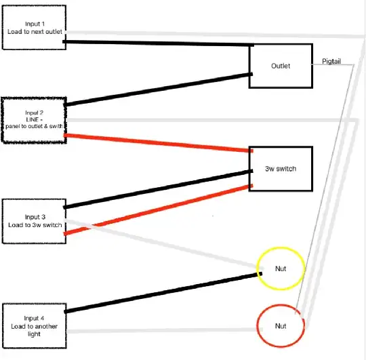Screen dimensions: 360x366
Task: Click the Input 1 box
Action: [34, 27]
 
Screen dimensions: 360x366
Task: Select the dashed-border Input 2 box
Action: [34, 120]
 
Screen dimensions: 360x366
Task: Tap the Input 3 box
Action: [34, 220]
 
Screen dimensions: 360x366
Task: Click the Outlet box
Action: [281, 66]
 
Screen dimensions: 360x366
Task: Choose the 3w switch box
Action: [281, 169]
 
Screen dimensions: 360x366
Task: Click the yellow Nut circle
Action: [281, 268]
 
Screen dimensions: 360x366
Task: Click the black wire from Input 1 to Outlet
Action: [156, 44]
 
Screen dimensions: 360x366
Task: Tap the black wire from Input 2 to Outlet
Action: [156, 89]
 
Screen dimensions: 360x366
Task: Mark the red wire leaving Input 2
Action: [156, 143]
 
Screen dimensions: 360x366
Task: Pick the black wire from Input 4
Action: [163, 293]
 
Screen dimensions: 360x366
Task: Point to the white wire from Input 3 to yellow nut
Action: [163, 245]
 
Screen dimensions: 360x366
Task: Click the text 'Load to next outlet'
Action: [34, 31]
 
